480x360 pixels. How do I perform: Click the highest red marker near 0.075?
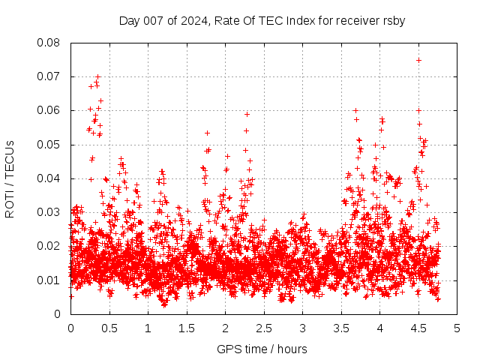[418, 60]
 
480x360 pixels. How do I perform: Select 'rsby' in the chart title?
[393, 20]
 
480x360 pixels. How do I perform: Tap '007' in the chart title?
[154, 20]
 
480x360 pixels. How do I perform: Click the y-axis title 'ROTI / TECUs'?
[10, 178]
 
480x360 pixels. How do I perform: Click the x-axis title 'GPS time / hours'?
[262, 349]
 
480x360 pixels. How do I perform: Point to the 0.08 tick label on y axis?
[49, 43]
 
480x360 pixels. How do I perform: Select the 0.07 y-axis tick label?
[49, 76]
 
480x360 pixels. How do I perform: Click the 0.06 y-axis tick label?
[49, 110]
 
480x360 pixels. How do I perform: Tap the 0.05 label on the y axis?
[49, 145]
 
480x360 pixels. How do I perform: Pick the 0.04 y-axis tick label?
[49, 178]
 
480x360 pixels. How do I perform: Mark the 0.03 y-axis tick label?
[49, 212]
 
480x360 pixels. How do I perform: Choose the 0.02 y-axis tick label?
[49, 246]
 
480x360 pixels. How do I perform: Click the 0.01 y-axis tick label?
[49, 280]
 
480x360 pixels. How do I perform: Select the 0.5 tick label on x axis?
[109, 328]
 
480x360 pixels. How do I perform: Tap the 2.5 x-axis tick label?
[263, 328]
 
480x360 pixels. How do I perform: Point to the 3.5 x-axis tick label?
[341, 328]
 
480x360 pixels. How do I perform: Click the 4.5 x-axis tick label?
[418, 328]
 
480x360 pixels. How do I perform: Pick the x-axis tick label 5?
[457, 328]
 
